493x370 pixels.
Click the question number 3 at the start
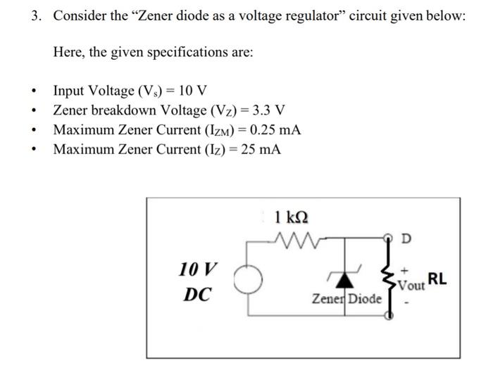[x=35, y=16]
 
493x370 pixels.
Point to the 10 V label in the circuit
[x=199, y=269]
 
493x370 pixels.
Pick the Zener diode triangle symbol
[x=343, y=280]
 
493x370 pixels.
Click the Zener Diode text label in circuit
[x=347, y=299]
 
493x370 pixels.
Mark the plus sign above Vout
[x=405, y=269]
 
